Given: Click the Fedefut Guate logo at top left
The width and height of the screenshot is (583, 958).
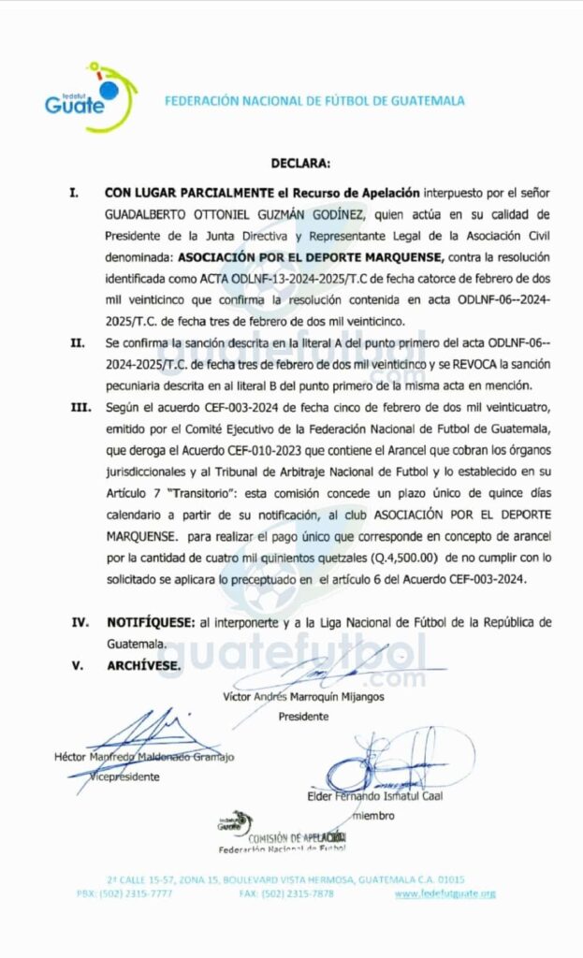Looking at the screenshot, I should (89, 96).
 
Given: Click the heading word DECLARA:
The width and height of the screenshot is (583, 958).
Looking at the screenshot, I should (300, 164).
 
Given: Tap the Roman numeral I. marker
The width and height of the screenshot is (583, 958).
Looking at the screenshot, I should (74, 192).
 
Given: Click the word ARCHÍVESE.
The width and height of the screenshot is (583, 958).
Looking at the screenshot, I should (143, 666).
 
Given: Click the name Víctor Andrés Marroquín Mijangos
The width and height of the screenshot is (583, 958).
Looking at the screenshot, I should (303, 696).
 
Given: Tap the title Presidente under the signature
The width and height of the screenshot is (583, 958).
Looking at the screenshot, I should (303, 717).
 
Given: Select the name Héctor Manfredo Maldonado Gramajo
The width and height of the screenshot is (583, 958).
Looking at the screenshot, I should (144, 757).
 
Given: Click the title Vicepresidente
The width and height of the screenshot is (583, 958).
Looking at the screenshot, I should (124, 777).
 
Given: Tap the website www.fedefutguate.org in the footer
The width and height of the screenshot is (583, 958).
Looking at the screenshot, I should (445, 893).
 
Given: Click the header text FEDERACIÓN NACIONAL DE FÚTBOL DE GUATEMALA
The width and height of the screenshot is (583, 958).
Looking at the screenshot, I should (314, 101).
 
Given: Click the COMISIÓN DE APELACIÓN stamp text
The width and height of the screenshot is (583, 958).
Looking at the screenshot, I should (290, 837).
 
